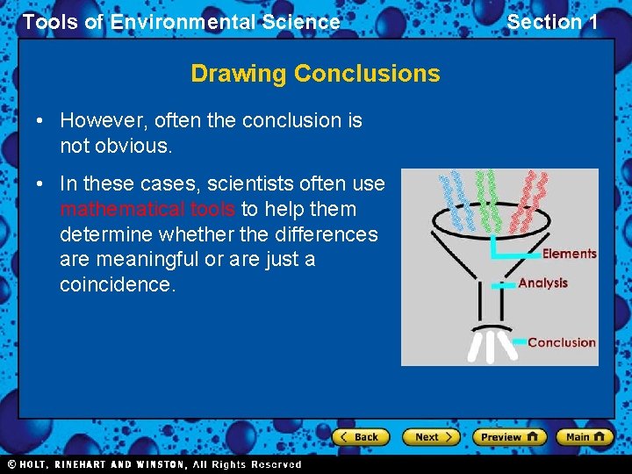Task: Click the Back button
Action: pos(361,437)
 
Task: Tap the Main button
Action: pos(585,437)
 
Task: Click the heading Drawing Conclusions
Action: pos(315,73)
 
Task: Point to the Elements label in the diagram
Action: pos(569,254)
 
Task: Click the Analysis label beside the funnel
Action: pos(542,283)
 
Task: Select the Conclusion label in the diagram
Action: pos(561,342)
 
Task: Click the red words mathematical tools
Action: pos(147,209)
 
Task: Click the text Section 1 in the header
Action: pos(552,22)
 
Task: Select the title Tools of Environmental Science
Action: pos(181,22)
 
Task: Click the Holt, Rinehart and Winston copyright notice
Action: pos(154,464)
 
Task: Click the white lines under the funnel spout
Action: pos(492,345)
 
